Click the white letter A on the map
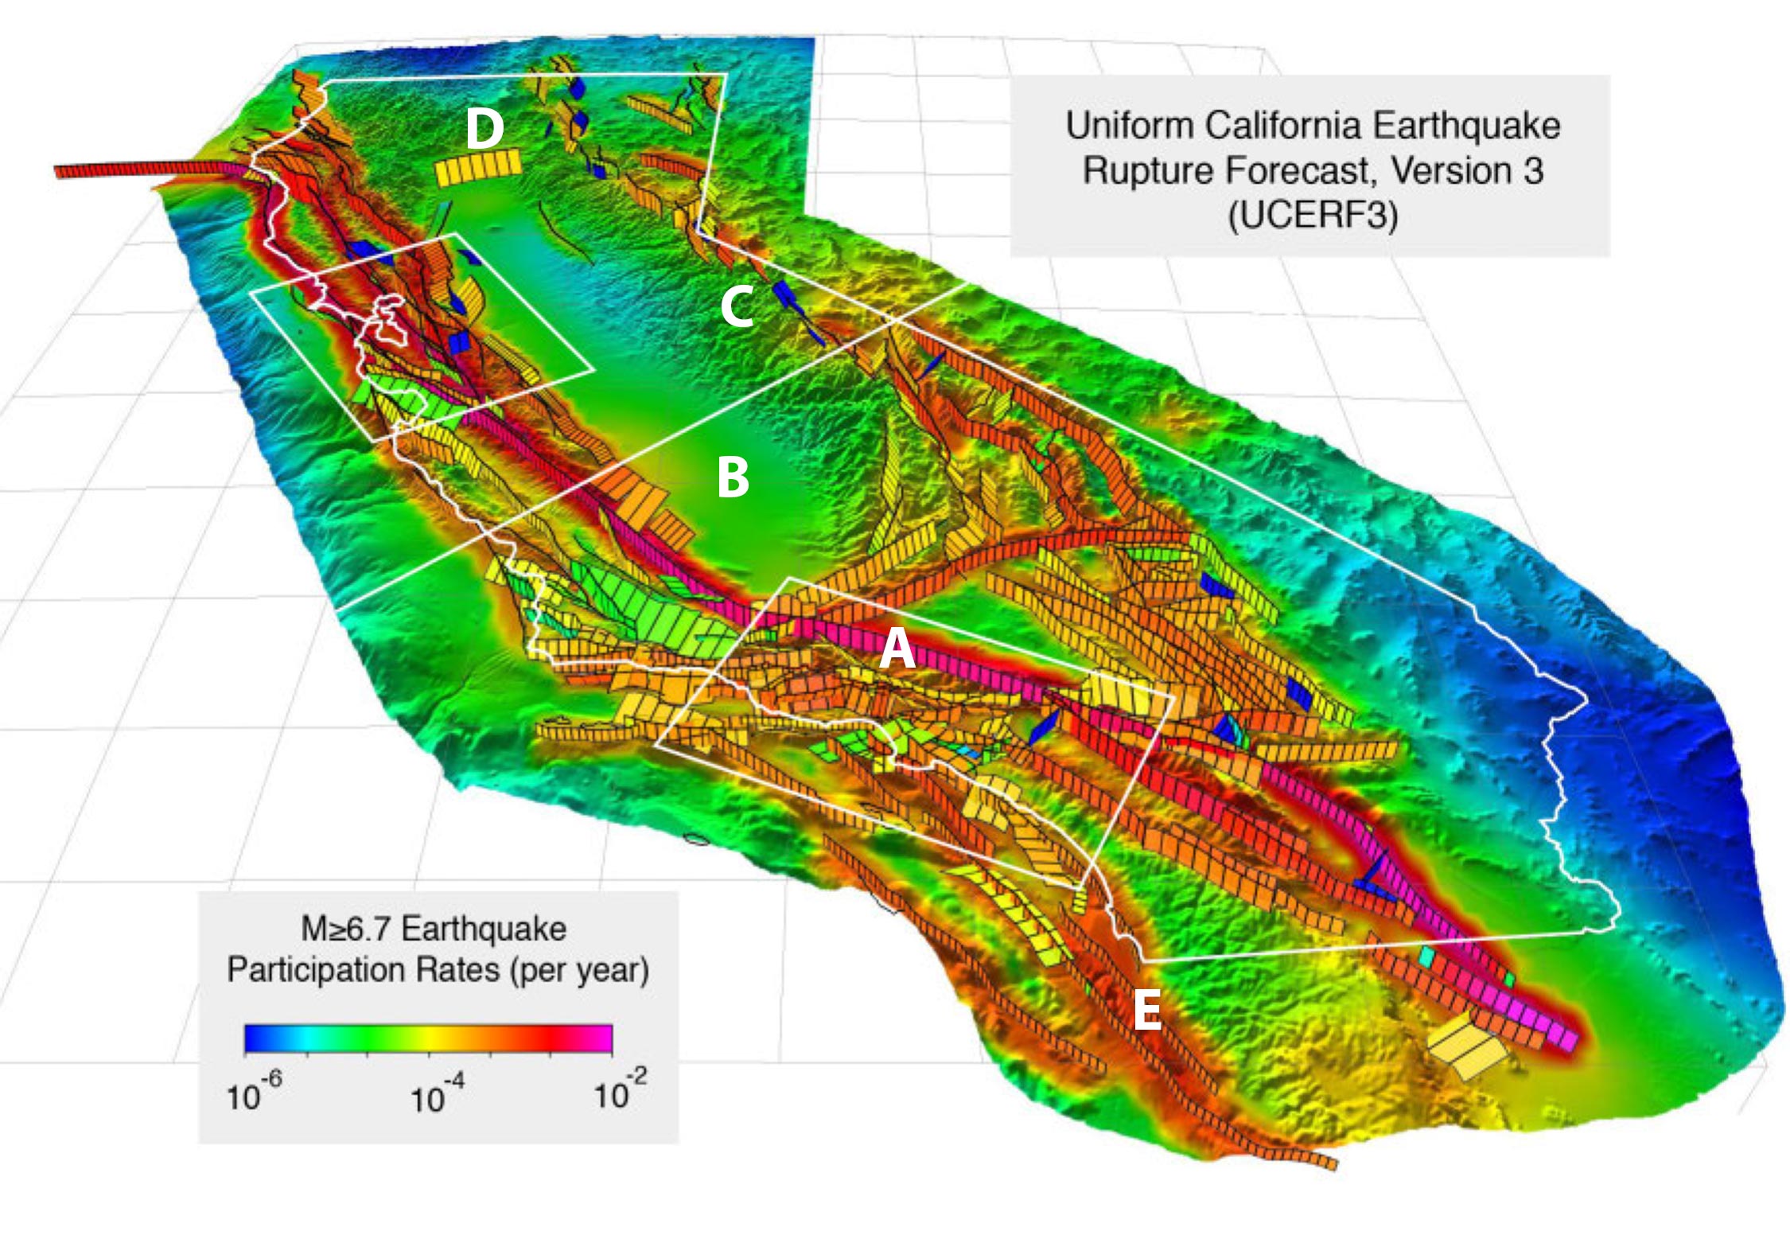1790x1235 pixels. pos(897,649)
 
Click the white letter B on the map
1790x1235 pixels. pos(733,477)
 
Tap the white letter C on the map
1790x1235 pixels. pos(737,307)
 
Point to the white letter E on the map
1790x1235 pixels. pos(1146,1010)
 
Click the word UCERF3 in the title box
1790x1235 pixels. pos(1312,216)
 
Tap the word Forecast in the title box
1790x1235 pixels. pos(1301,171)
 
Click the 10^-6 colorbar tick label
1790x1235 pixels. pos(254,1094)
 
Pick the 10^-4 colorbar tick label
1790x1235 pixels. pos(437,1096)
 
